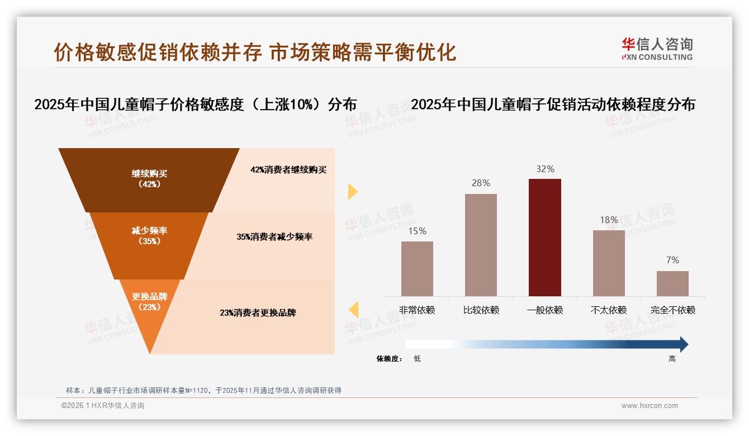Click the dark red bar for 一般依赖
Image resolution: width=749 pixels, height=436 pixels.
click(x=544, y=238)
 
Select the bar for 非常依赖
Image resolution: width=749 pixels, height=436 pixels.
click(x=417, y=269)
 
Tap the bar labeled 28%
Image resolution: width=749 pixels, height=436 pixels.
click(x=481, y=245)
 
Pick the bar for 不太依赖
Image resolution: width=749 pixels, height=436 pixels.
click(x=609, y=263)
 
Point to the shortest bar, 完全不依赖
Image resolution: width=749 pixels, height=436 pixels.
click(x=672, y=283)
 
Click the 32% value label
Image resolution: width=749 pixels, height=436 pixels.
click(x=544, y=169)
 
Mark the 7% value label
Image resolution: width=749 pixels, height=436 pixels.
click(x=672, y=260)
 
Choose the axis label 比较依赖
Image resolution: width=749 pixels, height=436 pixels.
click(x=481, y=310)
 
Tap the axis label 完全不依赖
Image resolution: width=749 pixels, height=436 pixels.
click(x=672, y=310)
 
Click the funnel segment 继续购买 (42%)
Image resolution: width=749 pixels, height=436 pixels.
click(x=149, y=179)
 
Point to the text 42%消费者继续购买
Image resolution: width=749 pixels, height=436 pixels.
click(x=288, y=170)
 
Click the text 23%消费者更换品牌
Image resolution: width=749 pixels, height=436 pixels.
click(x=258, y=313)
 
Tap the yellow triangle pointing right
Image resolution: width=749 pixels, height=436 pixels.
click(x=352, y=191)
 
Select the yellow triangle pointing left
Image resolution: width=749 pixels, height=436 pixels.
click(x=353, y=309)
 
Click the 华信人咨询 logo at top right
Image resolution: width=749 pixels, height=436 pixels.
click(x=657, y=49)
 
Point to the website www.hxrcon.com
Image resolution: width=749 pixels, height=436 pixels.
click(x=650, y=406)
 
